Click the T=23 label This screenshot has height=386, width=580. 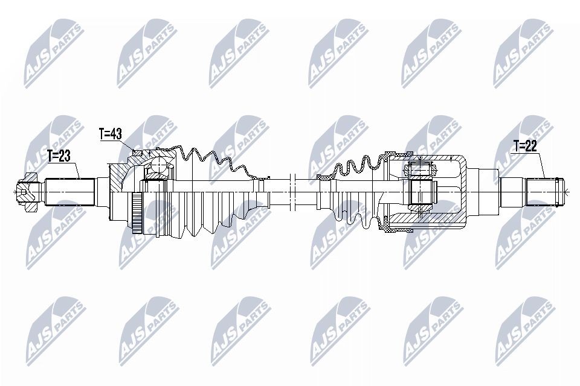tap(59, 156)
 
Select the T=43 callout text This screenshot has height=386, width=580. tap(111, 134)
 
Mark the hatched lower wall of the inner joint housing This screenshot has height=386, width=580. tap(423, 227)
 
